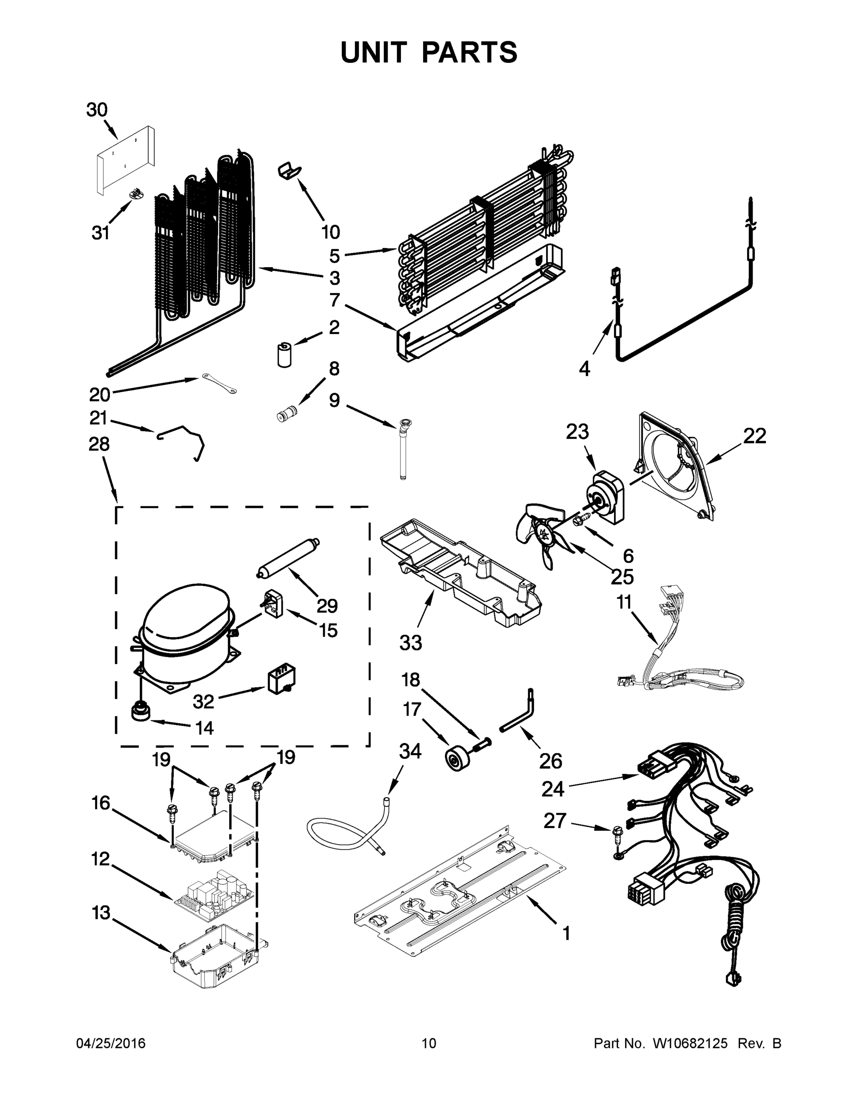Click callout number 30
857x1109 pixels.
pyautogui.click(x=97, y=110)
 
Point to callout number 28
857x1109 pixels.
pyautogui.click(x=99, y=445)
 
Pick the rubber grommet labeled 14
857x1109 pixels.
pyautogui.click(x=140, y=712)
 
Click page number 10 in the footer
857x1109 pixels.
pyautogui.click(x=429, y=1054)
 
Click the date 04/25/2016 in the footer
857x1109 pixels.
pyautogui.click(x=111, y=1054)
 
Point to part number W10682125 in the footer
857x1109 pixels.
pyautogui.click(x=689, y=1054)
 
